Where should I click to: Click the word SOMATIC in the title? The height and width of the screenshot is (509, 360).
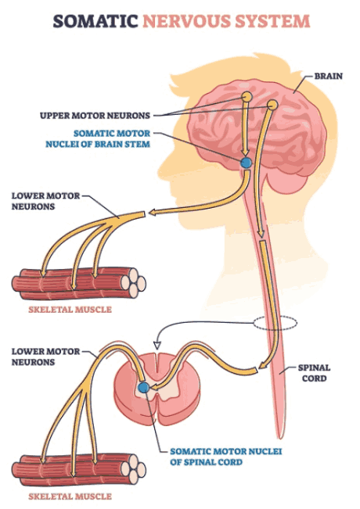point(95,21)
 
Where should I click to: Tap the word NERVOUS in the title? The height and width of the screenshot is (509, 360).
point(186,21)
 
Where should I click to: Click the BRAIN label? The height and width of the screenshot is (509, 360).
point(329,76)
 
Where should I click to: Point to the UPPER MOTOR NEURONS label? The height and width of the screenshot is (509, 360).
point(95,115)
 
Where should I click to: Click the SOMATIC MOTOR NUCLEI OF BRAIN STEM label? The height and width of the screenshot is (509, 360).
point(98,138)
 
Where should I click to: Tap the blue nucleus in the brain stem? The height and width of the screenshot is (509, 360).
point(246,163)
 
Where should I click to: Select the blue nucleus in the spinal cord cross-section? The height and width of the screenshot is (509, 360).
point(143,387)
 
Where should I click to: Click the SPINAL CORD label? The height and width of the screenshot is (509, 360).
point(314,373)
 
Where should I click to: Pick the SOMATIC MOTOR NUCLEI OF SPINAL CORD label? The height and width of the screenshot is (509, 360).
point(226,457)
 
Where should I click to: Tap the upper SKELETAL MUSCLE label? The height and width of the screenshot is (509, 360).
point(70,310)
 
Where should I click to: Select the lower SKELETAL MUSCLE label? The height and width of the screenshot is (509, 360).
point(70,496)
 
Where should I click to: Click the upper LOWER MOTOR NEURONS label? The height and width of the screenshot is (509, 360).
point(46,201)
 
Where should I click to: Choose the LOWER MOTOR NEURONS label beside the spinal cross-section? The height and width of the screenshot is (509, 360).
point(46,357)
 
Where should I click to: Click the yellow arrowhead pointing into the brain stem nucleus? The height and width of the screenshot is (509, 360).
point(245,152)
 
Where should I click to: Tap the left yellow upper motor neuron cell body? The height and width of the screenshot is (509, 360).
point(247,97)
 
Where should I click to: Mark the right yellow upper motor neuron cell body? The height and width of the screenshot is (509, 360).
point(272,105)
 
